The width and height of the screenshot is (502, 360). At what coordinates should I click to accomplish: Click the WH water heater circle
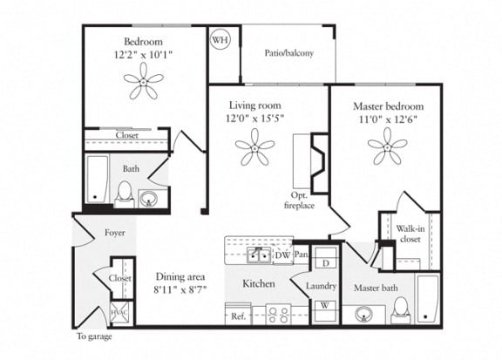(x=220, y=39)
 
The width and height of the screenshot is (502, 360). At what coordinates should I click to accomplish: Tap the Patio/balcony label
(x=288, y=53)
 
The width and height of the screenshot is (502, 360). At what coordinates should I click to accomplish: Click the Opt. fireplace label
(x=300, y=200)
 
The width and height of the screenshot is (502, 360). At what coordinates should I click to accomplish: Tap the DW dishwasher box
(x=282, y=255)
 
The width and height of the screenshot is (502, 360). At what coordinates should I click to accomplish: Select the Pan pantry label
(x=302, y=255)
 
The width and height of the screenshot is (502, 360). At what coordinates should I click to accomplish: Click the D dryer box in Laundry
(x=324, y=262)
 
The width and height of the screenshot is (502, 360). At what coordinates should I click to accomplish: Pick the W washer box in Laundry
(x=324, y=306)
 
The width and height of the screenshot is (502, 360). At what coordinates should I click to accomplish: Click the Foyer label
(x=115, y=233)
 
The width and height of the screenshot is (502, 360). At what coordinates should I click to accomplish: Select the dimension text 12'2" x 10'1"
(x=144, y=54)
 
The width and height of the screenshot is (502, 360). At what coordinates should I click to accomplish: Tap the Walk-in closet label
(x=410, y=234)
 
